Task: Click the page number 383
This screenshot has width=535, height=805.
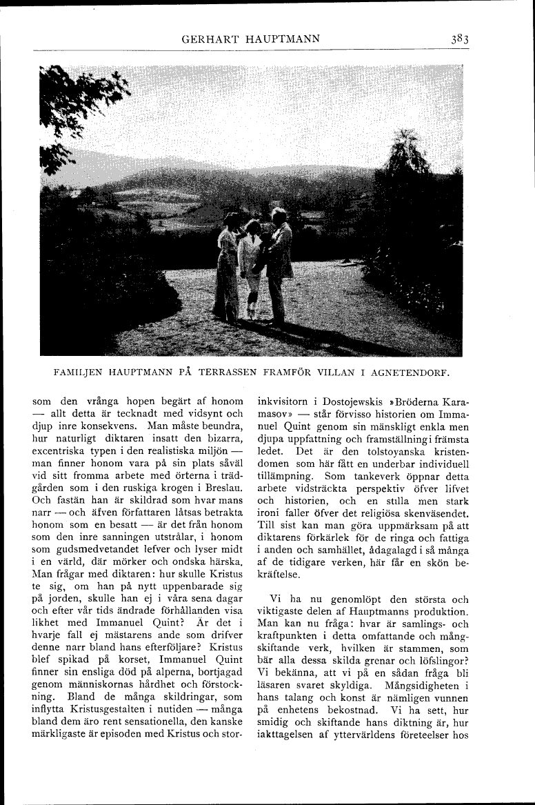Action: pyautogui.click(x=456, y=39)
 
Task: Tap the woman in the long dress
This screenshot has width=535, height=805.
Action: pyautogui.click(x=227, y=272)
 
